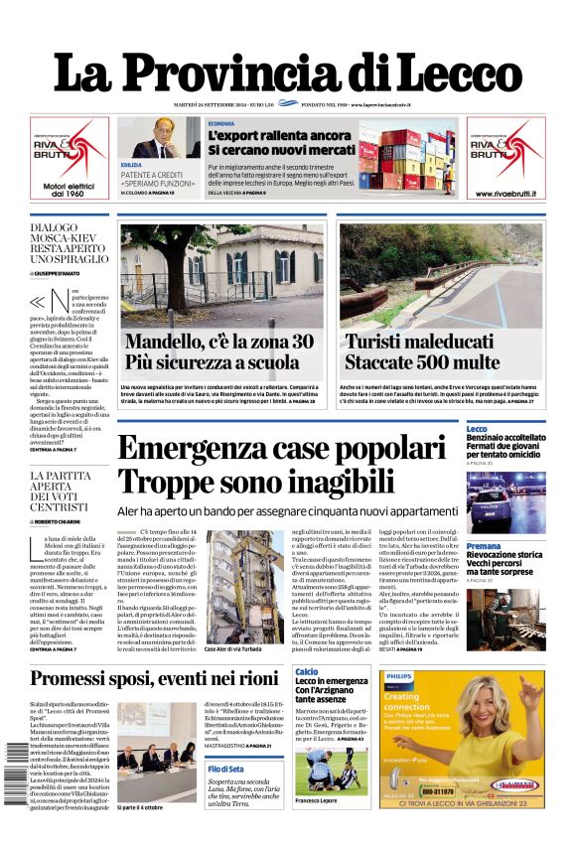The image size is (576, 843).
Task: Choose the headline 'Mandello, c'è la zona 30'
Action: [218, 343]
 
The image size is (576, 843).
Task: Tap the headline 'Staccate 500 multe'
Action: [421, 362]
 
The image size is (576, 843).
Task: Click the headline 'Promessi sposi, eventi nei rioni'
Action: [154, 679]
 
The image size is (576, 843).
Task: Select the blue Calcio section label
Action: [307, 673]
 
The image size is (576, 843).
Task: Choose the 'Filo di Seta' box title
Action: [225, 770]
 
